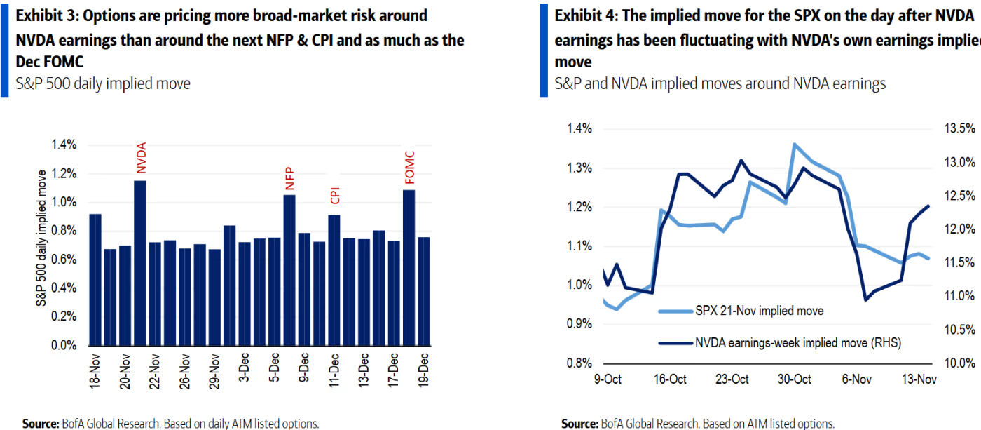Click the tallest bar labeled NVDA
pyautogui.click(x=140, y=263)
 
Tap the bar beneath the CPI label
pyautogui.click(x=334, y=280)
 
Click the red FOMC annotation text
pyautogui.click(x=409, y=168)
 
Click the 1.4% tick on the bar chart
pyautogui.click(x=63, y=145)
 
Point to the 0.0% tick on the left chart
pyautogui.click(x=63, y=345)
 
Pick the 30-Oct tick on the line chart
pyautogui.click(x=794, y=379)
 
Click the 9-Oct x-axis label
pyautogui.click(x=607, y=379)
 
